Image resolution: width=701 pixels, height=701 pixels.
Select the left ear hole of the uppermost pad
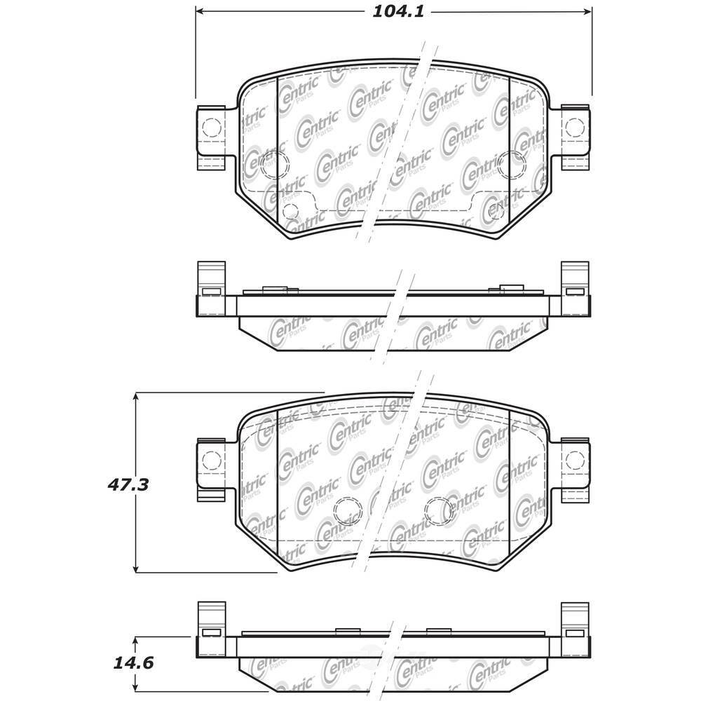click(x=211, y=128)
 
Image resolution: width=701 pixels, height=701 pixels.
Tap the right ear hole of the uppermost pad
click(x=575, y=128)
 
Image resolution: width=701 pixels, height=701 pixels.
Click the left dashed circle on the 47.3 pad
click(x=345, y=510)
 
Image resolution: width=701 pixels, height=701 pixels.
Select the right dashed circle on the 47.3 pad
click(x=440, y=510)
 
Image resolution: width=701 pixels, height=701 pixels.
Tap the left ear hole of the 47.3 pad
click(x=211, y=460)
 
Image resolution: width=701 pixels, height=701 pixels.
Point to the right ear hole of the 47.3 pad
click(x=575, y=460)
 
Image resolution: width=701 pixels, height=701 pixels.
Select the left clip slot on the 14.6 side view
click(x=210, y=633)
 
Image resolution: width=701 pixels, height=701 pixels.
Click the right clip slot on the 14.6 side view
click(x=575, y=633)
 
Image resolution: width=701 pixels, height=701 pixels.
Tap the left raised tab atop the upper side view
click(x=272, y=288)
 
